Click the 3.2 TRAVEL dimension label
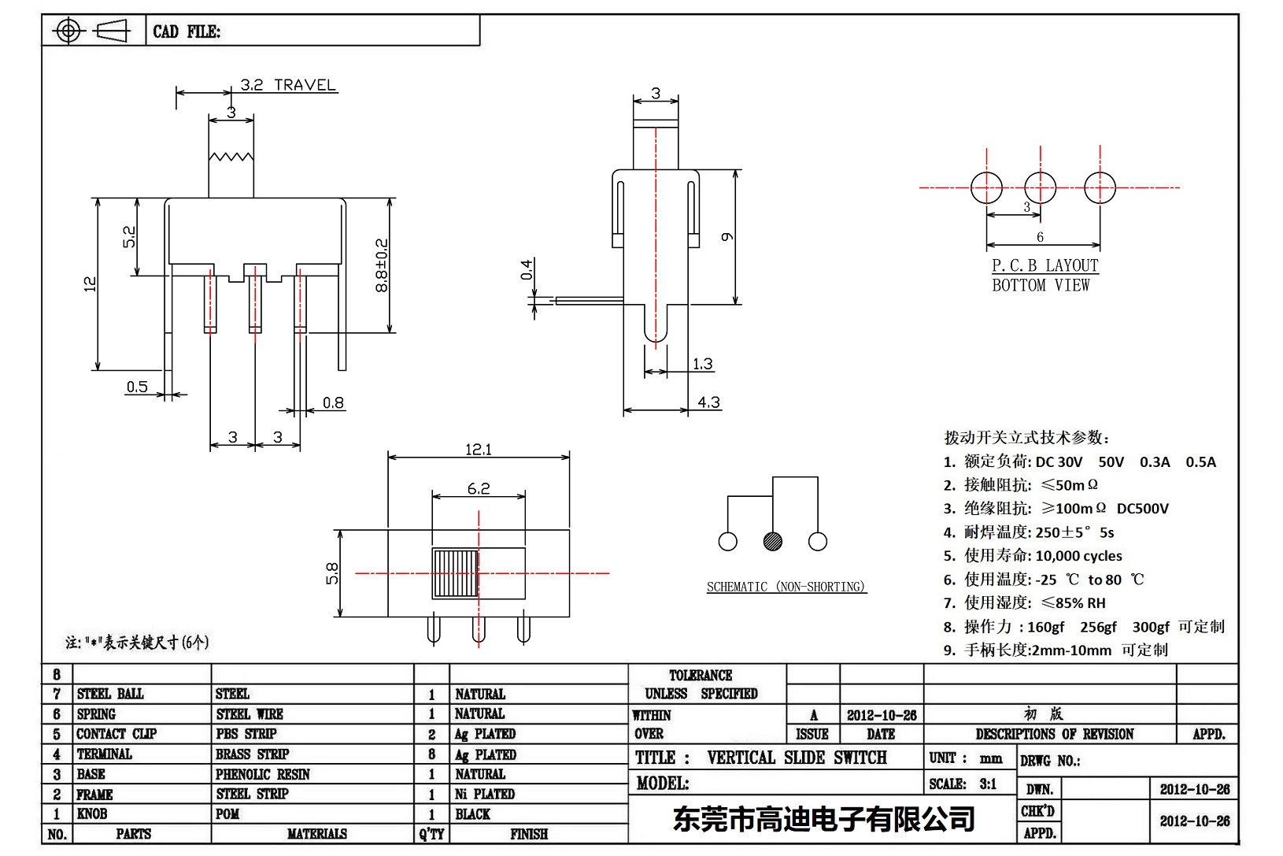point(288,85)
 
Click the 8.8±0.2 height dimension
point(382,265)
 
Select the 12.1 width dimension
point(478,450)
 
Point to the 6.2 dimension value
point(479,488)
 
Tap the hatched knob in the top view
point(455,573)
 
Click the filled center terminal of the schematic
point(772,541)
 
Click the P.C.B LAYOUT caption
point(1045,266)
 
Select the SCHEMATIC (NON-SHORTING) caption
point(786,587)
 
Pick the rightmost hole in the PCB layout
point(1100,187)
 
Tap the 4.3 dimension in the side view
point(708,402)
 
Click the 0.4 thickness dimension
point(527,270)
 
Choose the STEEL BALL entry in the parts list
point(110,694)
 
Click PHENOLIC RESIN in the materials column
point(263,774)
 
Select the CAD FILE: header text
point(187,31)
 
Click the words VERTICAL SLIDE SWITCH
point(797,758)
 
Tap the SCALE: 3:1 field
point(963,784)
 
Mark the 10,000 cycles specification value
point(1078,556)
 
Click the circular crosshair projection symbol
point(68,31)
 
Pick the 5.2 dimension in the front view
point(129,237)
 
